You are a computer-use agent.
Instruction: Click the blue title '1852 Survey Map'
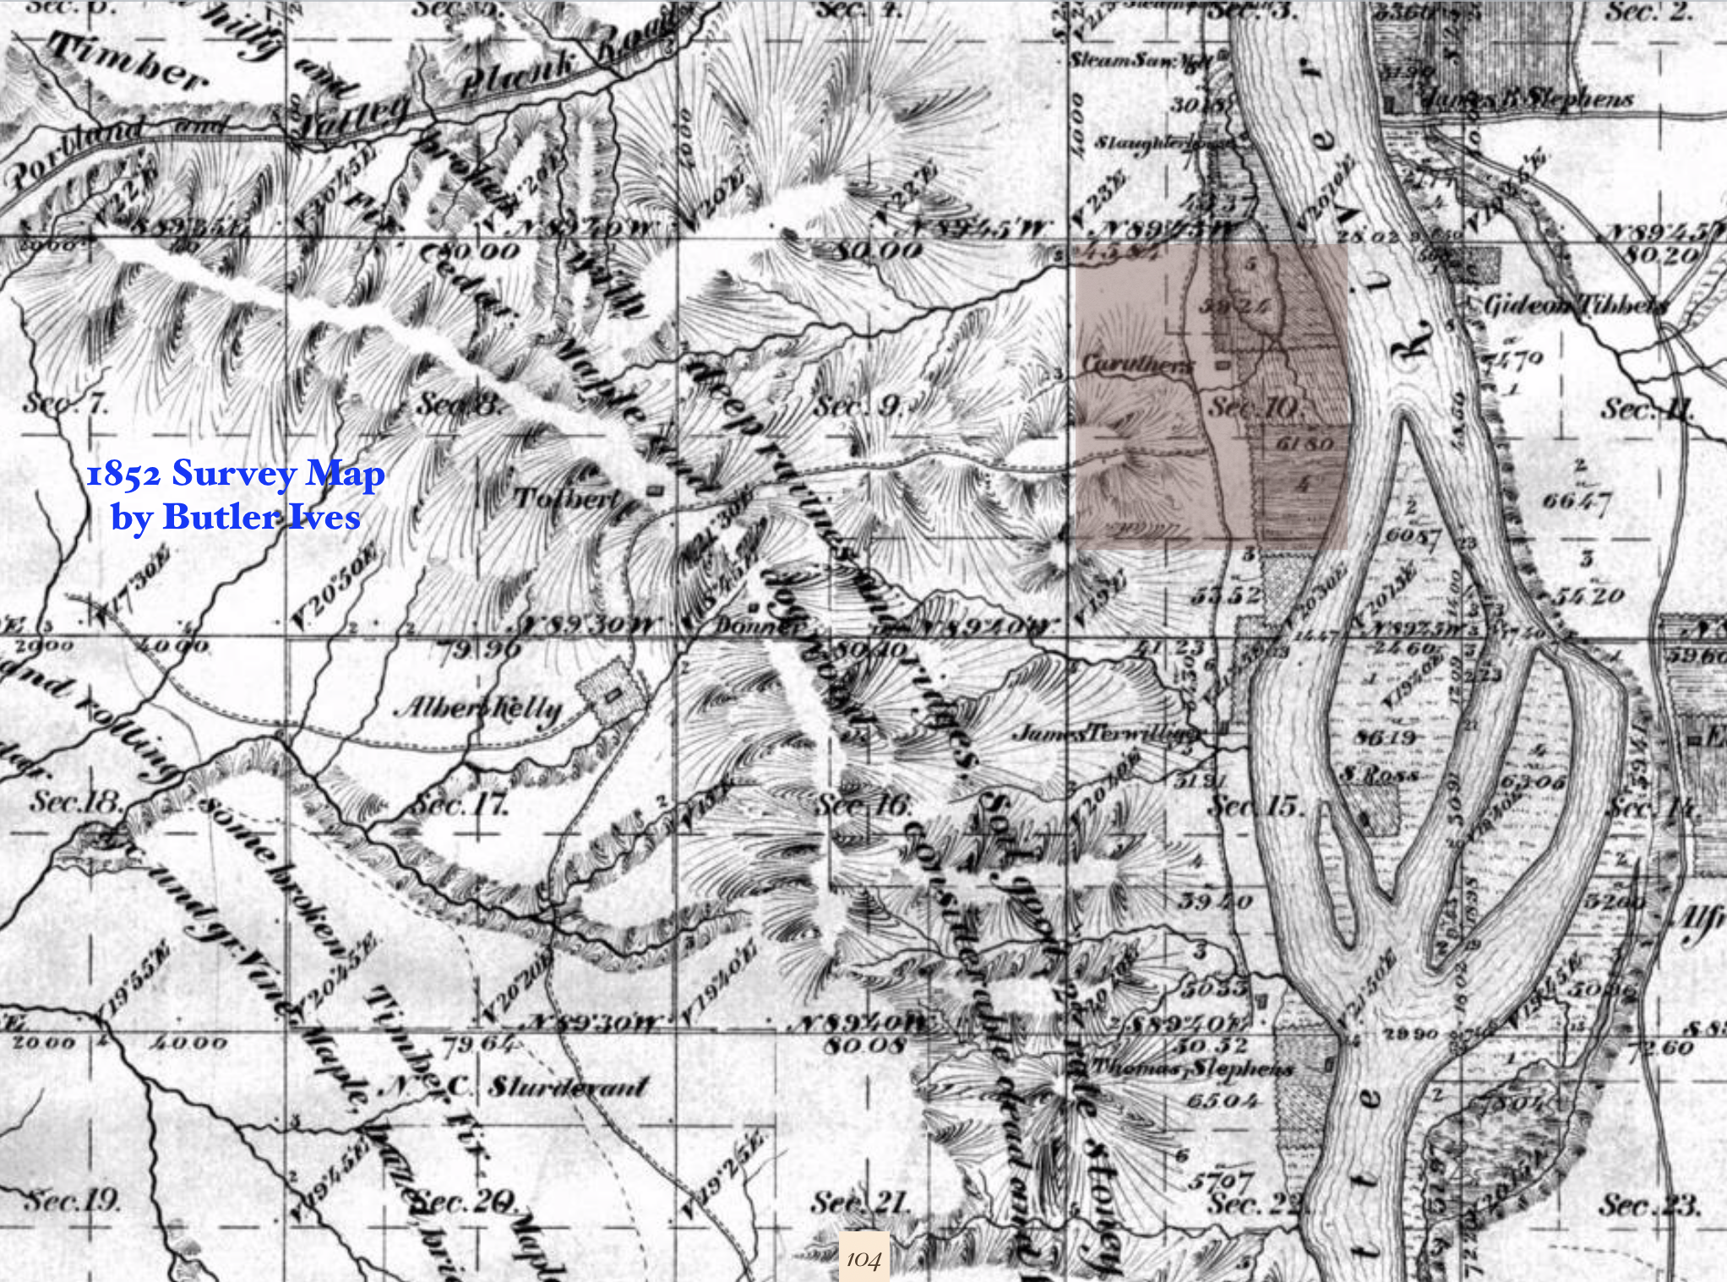pos(236,475)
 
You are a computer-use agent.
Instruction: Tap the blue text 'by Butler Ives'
pos(236,515)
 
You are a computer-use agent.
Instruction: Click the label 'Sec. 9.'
pos(857,408)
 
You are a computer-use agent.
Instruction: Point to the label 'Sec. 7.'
pos(65,404)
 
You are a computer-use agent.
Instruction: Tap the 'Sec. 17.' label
pos(459,806)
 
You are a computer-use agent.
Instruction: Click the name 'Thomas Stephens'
pos(1192,1068)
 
